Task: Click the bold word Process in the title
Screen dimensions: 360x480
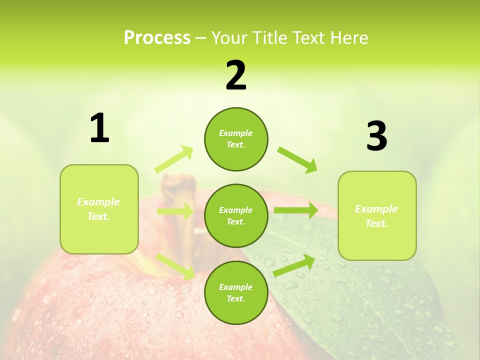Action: (x=157, y=38)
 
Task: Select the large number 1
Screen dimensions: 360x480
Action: (x=99, y=128)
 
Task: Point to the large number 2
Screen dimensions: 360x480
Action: (x=236, y=75)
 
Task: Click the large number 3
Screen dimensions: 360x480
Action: (x=376, y=136)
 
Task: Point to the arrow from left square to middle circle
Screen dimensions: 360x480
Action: (x=175, y=211)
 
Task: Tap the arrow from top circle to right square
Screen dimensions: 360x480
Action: (x=297, y=159)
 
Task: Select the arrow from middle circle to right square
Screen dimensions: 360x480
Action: (x=295, y=210)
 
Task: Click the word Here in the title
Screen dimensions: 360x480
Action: (x=348, y=38)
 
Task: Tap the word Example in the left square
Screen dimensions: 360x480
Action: (x=98, y=202)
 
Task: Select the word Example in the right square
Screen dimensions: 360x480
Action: (x=376, y=209)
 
